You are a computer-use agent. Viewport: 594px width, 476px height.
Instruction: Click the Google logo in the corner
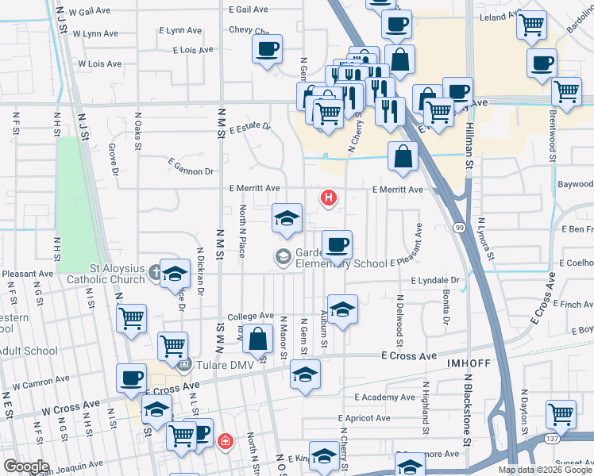click(x=26, y=466)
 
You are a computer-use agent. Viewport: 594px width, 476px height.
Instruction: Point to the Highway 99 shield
click(x=461, y=228)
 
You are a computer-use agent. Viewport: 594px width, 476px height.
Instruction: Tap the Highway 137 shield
click(x=552, y=437)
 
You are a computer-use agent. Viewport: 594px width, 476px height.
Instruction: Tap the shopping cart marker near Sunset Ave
click(x=561, y=413)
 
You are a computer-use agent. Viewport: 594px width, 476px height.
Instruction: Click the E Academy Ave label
click(x=385, y=397)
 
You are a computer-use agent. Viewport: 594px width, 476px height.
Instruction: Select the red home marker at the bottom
click(x=226, y=440)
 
